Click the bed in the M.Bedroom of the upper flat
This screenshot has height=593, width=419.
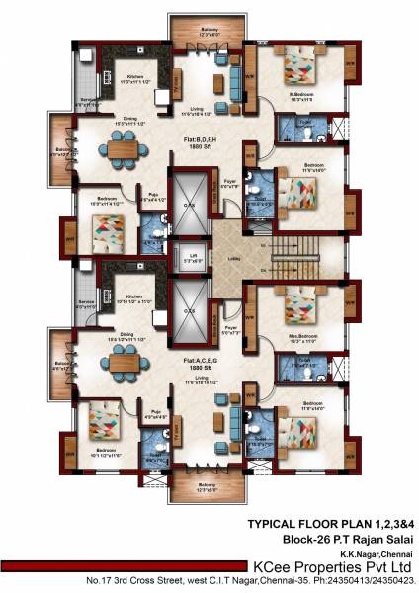(x=297, y=66)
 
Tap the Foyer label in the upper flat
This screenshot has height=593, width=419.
(x=231, y=182)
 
